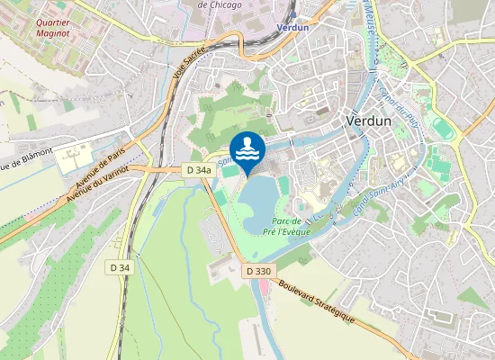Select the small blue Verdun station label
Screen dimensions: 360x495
point(294,28)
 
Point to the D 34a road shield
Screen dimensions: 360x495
point(199,170)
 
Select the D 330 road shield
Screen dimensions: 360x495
point(257,270)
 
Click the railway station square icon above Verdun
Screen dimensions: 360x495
point(294,13)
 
